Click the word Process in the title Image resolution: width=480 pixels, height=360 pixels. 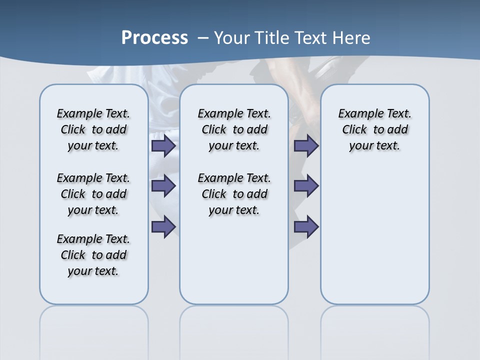tap(154, 38)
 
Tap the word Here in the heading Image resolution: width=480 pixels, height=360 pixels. tap(351, 38)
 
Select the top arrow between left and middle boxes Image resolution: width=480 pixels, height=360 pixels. tap(163, 146)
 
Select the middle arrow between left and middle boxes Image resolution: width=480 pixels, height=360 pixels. tap(163, 186)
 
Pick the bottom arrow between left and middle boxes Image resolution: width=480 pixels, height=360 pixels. tap(163, 226)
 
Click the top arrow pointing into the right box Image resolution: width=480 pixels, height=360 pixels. tap(306, 146)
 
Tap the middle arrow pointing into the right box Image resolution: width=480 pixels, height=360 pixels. tap(306, 186)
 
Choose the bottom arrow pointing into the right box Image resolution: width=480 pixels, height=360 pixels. tap(306, 226)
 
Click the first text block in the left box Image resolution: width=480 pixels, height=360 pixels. tap(93, 129)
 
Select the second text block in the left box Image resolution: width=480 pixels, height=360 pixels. tap(93, 194)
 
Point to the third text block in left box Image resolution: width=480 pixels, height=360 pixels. tap(93, 255)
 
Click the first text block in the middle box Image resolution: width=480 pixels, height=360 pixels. tap(234, 129)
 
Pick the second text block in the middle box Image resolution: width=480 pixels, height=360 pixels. tap(234, 194)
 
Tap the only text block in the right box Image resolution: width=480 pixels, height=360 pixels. tap(374, 129)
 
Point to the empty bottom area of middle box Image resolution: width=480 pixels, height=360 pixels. tap(234, 265)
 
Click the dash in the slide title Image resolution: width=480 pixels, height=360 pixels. tap(203, 38)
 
